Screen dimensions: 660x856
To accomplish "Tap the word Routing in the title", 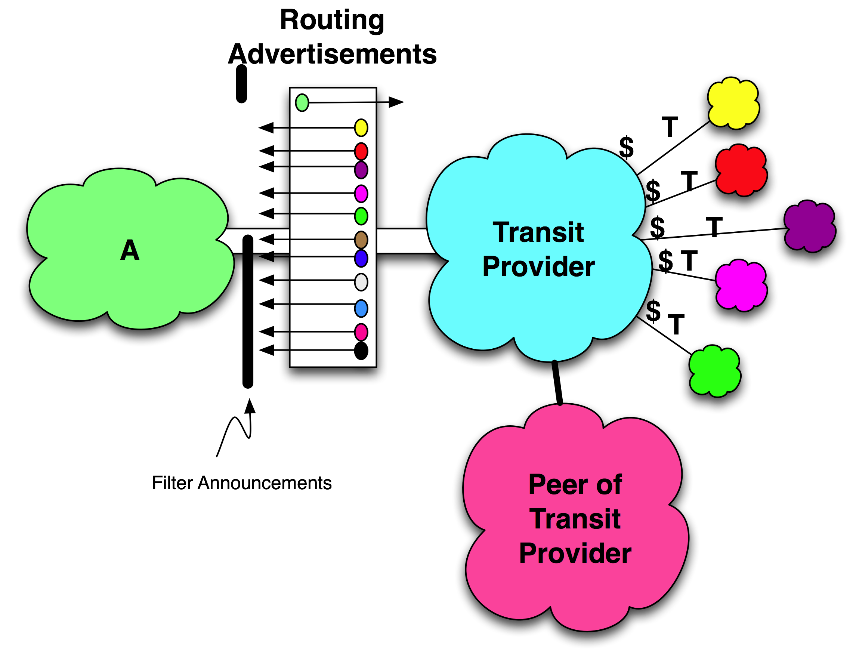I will point(332,21).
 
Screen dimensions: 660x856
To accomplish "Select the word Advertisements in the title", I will point(333,54).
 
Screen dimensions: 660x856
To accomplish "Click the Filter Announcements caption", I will point(241,483).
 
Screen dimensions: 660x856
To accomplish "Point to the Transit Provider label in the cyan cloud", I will point(538,249).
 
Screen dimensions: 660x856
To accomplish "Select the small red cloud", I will point(741,171).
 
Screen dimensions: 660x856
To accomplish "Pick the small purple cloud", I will point(810,226).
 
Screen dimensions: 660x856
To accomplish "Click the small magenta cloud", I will point(741,285).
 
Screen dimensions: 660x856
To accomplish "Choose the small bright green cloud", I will point(714,371).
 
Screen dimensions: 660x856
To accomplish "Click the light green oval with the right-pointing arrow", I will point(302,103).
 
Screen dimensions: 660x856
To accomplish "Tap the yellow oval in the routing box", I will point(361,128).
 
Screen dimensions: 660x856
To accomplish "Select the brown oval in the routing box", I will point(361,240).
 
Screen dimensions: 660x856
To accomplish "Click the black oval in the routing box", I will point(361,351).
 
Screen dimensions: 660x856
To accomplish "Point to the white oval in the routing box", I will point(361,282).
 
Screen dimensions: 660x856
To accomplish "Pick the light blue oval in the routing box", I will point(361,308).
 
